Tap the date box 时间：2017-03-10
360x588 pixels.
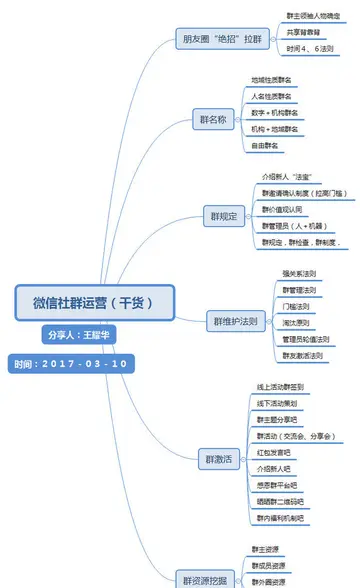tap(70, 363)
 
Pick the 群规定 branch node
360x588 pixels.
tap(219, 215)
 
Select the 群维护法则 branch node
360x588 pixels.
tap(236, 322)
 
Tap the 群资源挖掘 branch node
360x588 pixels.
tap(207, 579)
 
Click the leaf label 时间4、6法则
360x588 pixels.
tap(309, 48)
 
